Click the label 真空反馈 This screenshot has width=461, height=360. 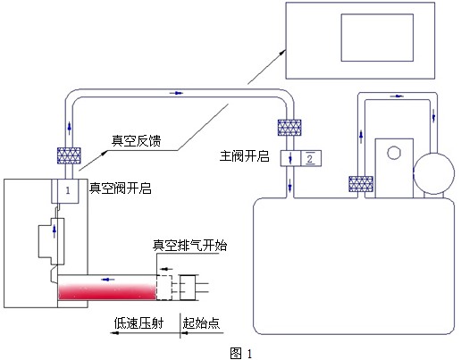pyautogui.click(x=136, y=140)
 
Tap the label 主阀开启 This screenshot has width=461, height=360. pyautogui.click(x=244, y=156)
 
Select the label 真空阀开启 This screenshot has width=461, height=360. pyautogui.click(x=121, y=188)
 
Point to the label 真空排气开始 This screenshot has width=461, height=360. pyautogui.click(x=189, y=246)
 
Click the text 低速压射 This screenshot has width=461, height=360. pyautogui.click(x=138, y=323)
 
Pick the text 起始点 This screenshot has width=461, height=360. pyautogui.click(x=201, y=323)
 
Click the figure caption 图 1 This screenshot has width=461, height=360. pyautogui.click(x=241, y=353)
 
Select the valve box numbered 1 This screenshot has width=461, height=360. pyautogui.click(x=68, y=191)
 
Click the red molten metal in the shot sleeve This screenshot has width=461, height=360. pyautogui.click(x=107, y=291)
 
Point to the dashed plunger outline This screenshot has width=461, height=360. pyautogui.click(x=164, y=288)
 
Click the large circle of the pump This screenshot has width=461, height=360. pyautogui.click(x=434, y=173)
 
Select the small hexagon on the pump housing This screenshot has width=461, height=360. pyautogui.click(x=394, y=153)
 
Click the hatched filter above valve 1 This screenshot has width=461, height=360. pyautogui.click(x=69, y=155)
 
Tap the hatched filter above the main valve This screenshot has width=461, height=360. pyautogui.click(x=289, y=128)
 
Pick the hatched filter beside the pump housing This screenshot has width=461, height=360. pyautogui.click(x=361, y=184)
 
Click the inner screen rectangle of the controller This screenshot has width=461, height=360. pyautogui.click(x=377, y=38)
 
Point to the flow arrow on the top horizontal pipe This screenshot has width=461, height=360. pyautogui.click(x=176, y=93)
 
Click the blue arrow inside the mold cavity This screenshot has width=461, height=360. pyautogui.click(x=54, y=231)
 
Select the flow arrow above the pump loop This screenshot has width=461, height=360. pyautogui.click(x=397, y=96)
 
